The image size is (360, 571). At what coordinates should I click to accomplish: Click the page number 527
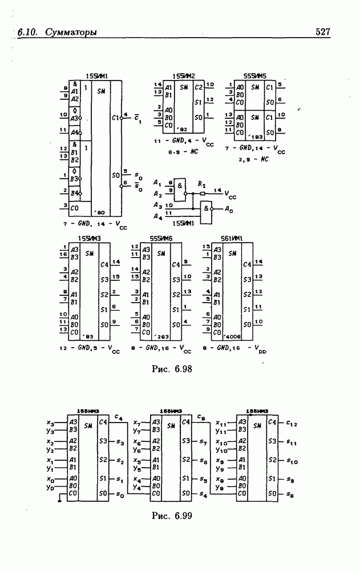click(323, 33)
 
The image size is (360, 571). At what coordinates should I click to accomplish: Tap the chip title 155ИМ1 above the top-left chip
click(97, 76)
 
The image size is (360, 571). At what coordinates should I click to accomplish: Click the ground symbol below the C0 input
click(59, 501)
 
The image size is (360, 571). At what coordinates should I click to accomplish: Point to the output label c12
click(292, 423)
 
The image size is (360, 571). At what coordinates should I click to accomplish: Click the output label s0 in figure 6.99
click(119, 494)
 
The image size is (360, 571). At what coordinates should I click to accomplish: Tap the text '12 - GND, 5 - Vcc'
click(91, 348)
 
